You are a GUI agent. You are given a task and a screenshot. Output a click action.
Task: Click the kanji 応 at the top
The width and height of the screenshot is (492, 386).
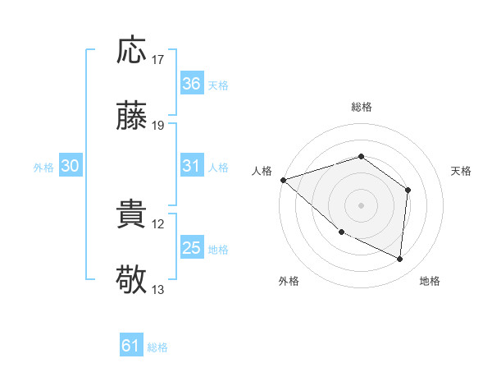click(x=132, y=51)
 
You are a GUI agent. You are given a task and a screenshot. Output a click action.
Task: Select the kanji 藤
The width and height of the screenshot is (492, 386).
click(x=132, y=117)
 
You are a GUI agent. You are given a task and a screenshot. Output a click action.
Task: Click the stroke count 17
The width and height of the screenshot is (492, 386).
click(x=158, y=60)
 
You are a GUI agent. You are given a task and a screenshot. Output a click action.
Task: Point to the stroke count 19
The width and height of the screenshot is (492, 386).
click(x=158, y=126)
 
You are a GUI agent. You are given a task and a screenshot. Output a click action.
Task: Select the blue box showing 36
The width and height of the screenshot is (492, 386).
click(x=191, y=84)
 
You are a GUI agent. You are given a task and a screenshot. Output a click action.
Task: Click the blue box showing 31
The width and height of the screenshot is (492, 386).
click(x=191, y=166)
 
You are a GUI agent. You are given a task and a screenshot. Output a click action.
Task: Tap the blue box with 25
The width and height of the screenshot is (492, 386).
click(x=191, y=248)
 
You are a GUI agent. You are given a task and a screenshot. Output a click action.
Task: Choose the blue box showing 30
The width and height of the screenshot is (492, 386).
click(x=71, y=166)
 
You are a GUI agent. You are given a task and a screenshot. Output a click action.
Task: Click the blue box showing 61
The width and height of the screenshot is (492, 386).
click(x=130, y=346)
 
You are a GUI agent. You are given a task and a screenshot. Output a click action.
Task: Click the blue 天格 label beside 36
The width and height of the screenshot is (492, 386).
click(x=218, y=85)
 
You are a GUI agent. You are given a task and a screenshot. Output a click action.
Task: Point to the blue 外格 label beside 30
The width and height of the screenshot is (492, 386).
click(x=43, y=168)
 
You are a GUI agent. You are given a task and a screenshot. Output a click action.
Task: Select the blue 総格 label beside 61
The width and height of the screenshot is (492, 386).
click(x=157, y=347)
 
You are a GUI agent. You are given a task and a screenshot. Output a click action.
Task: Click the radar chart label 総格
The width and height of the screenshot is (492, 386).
click(x=361, y=107)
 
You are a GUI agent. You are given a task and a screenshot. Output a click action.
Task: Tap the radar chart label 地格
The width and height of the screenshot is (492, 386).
click(x=430, y=282)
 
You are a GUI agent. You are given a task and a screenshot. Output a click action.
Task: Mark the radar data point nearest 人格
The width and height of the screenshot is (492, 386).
click(x=283, y=179)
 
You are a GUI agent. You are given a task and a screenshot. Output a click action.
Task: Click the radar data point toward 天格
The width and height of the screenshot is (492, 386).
click(x=408, y=190)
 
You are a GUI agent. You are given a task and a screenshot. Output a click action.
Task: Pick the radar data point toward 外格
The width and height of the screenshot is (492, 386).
click(x=341, y=232)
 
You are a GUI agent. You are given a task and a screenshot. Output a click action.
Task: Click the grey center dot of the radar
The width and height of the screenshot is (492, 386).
click(x=361, y=204)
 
